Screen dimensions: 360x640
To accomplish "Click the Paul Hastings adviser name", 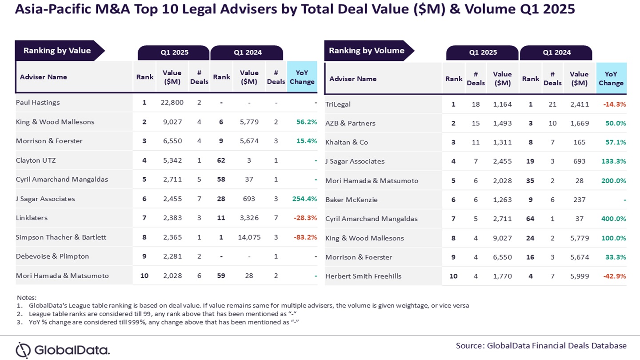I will (x=38, y=103).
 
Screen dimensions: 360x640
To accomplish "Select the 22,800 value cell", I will (x=172, y=103).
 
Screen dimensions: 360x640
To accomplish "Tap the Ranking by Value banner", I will (x=57, y=51).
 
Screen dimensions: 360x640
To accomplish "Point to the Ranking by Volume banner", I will (x=367, y=51).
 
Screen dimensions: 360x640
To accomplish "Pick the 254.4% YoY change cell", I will (x=304, y=199).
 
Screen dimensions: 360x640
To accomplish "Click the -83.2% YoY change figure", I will (x=305, y=237).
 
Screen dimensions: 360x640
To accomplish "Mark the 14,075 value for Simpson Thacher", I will (x=249, y=237).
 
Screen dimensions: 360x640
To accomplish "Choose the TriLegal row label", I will (x=338, y=104).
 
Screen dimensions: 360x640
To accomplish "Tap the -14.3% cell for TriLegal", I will (x=615, y=104).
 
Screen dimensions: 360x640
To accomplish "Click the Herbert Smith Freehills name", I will (x=363, y=276).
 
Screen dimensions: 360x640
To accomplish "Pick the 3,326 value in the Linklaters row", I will (x=249, y=218).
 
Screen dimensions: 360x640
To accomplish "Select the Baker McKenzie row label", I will (x=352, y=200).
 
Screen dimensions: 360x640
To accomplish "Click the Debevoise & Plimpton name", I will (x=52, y=256).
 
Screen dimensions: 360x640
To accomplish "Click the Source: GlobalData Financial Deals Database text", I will (x=541, y=345).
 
